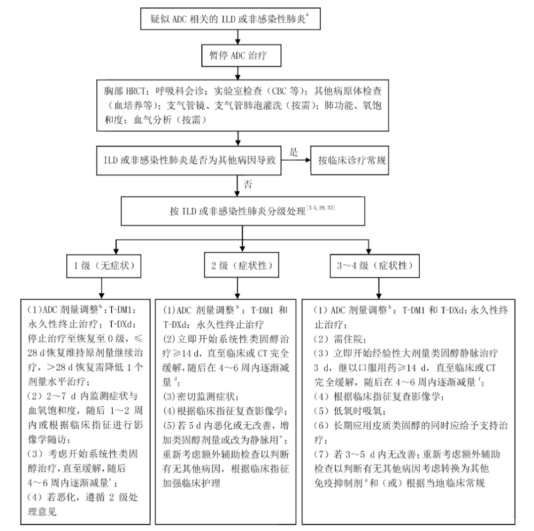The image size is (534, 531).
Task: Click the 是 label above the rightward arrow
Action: pos(293,153)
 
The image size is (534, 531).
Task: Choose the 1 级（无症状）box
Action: pos(101,265)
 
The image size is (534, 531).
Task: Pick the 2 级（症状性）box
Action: pos(238,265)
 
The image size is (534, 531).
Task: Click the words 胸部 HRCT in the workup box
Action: pos(125,91)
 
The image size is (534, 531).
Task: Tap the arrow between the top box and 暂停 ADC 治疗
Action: pos(238,37)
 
